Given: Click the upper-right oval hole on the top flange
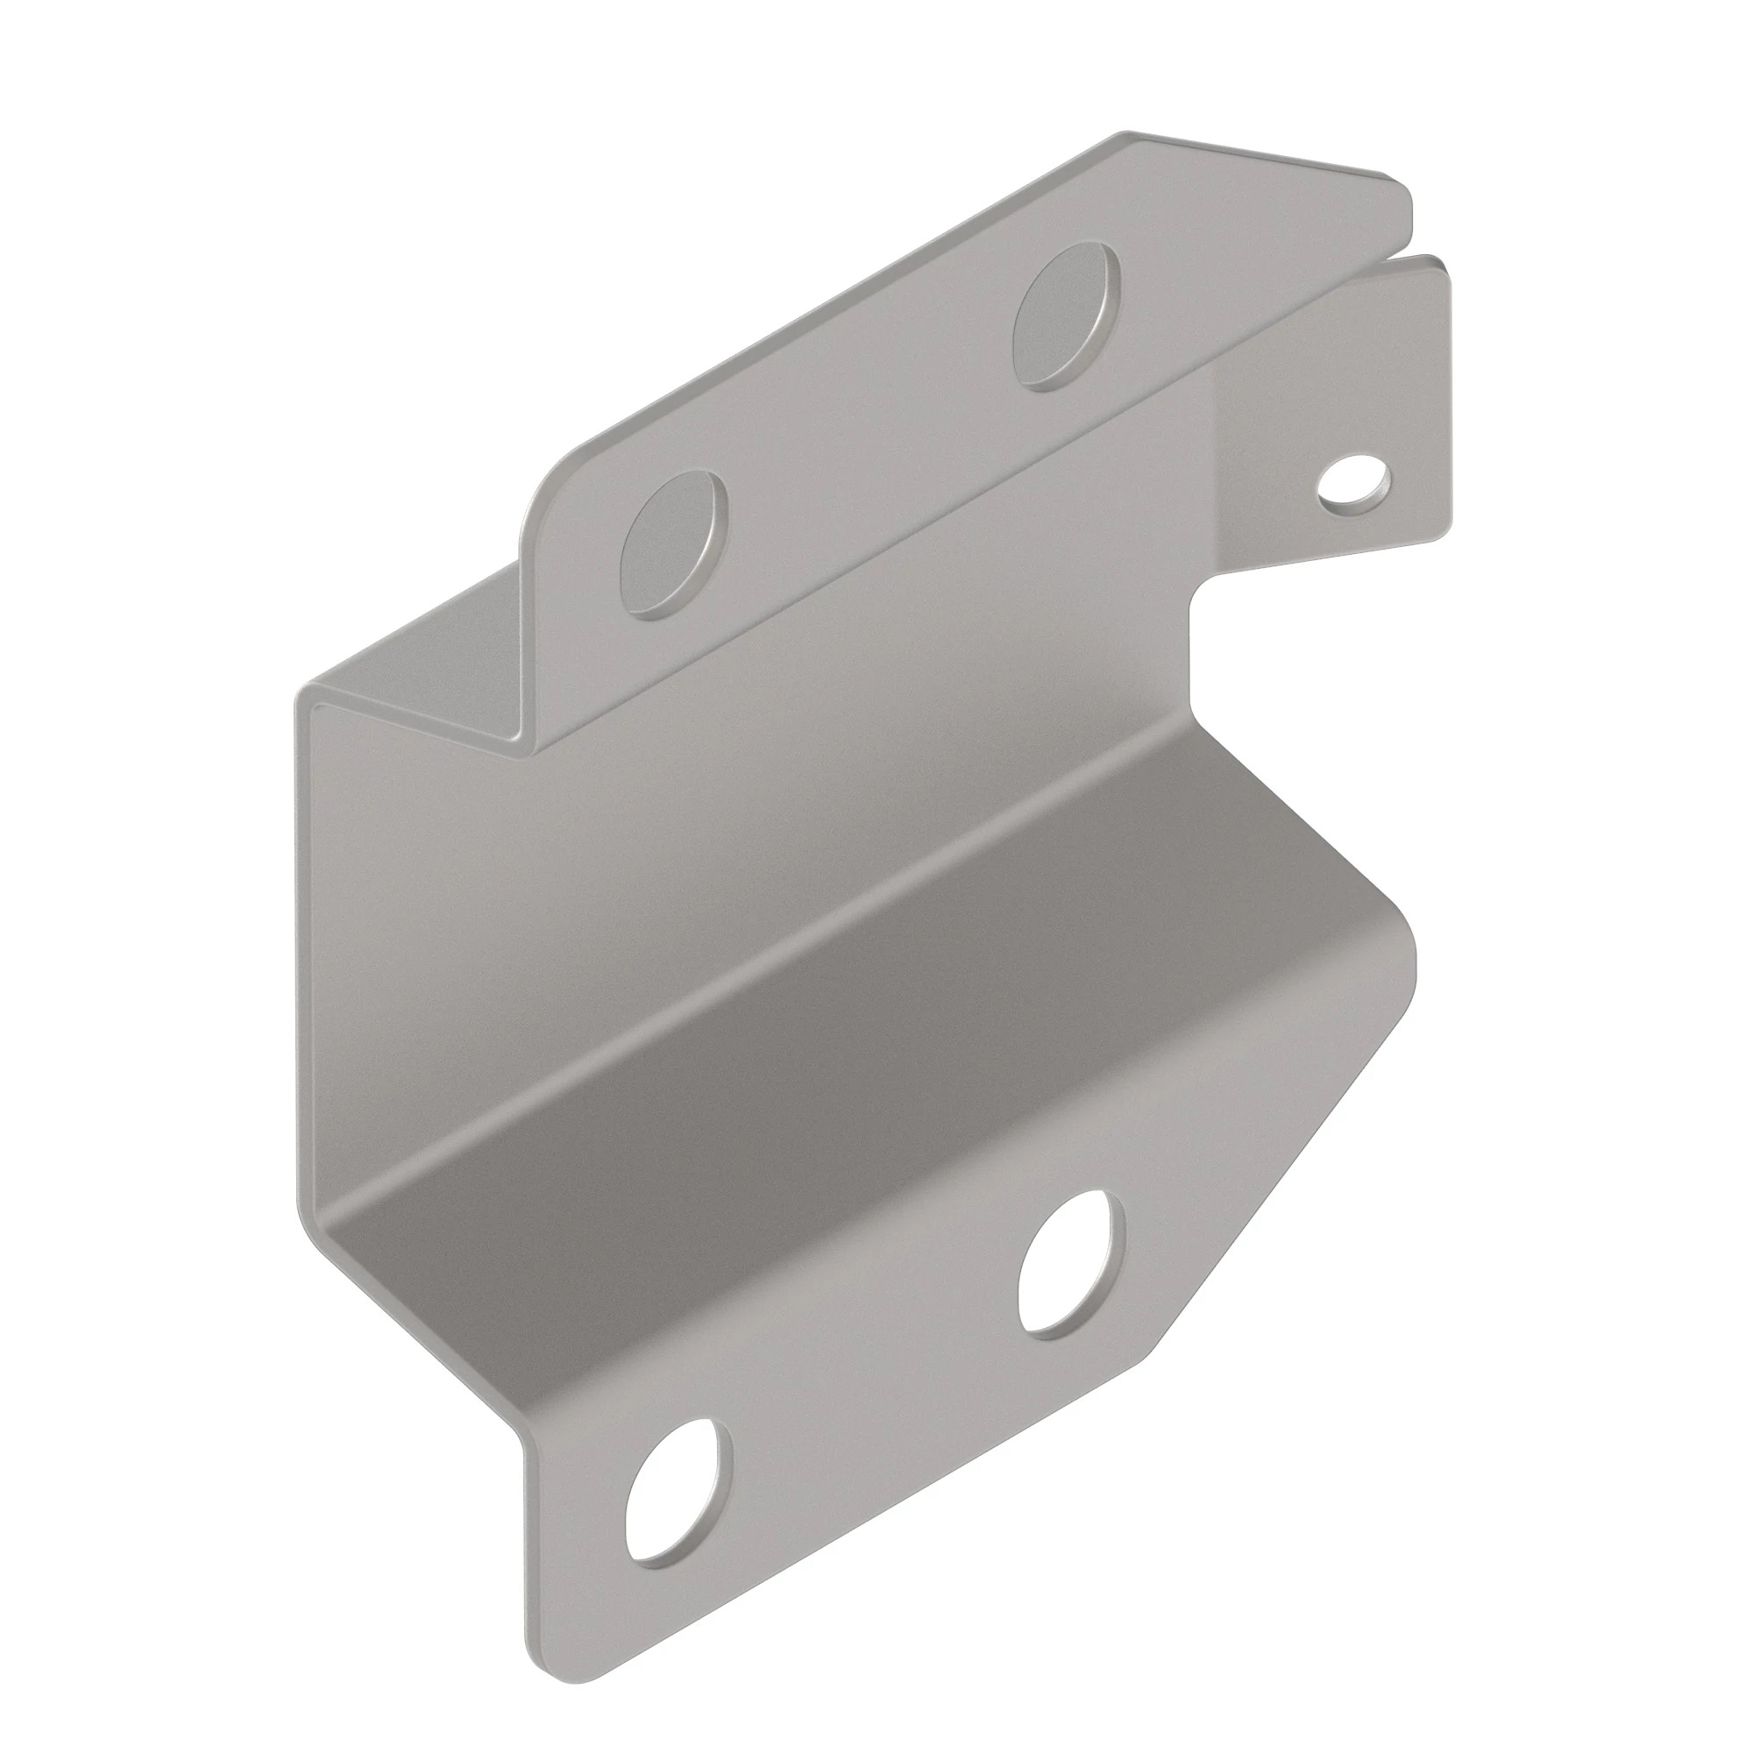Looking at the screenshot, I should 1067,316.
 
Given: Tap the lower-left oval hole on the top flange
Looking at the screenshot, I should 673,544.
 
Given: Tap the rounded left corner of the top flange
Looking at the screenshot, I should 544,490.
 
